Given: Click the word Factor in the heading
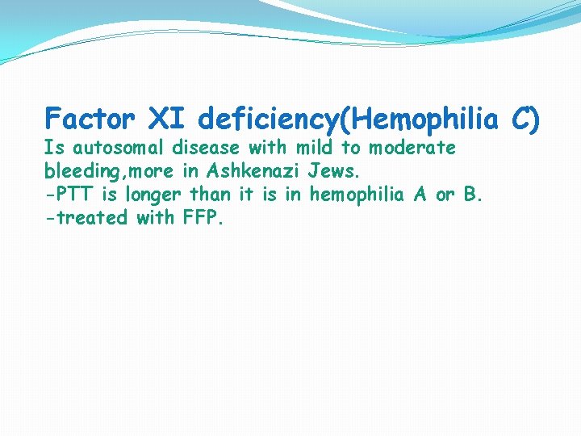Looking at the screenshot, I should (90, 119).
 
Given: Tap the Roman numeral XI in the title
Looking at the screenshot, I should (167, 119).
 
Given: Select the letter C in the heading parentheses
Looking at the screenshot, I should (522, 119).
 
